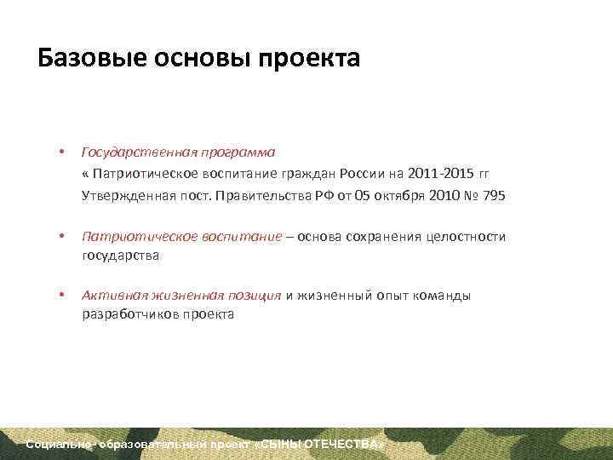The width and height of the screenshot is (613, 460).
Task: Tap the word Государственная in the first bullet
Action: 139,152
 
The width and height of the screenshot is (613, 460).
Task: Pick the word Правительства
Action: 242,196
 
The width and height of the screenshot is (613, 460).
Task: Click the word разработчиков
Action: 132,313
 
